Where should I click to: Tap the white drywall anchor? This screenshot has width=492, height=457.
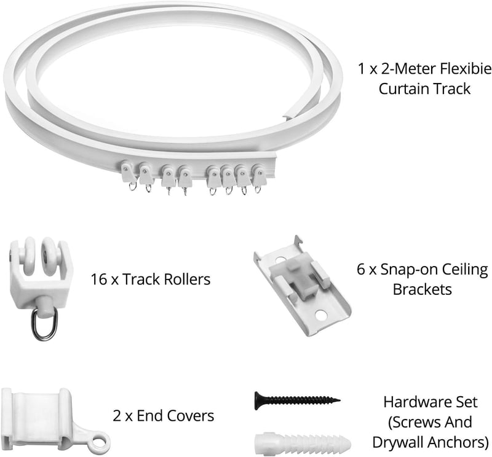(303, 442)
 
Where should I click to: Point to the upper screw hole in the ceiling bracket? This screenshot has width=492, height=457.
(280, 260)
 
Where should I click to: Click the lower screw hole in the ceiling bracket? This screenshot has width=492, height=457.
(321, 314)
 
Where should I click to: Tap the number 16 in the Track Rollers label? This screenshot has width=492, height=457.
(99, 279)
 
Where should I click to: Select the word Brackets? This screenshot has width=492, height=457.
(423, 289)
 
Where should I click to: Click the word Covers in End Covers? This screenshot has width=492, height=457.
(190, 416)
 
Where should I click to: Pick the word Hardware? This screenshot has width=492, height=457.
(413, 402)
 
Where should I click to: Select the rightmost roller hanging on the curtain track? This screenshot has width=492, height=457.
(259, 178)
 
